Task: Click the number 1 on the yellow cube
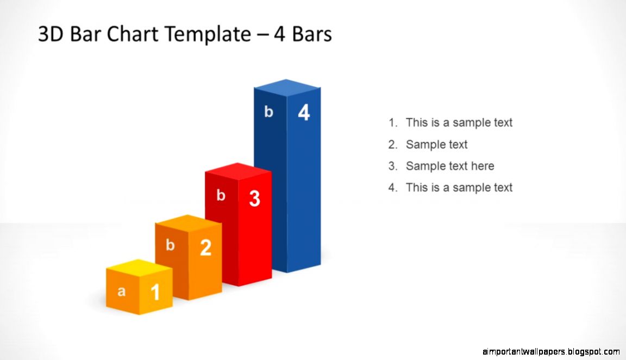click(155, 293)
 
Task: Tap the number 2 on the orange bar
click(205, 248)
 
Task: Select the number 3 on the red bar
click(254, 199)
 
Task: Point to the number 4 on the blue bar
click(304, 113)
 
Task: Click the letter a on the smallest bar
click(122, 291)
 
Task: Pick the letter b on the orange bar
click(170, 245)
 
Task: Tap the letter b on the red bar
click(221, 196)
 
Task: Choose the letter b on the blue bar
click(268, 112)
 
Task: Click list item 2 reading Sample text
click(436, 145)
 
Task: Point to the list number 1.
click(393, 123)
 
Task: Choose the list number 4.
click(393, 188)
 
